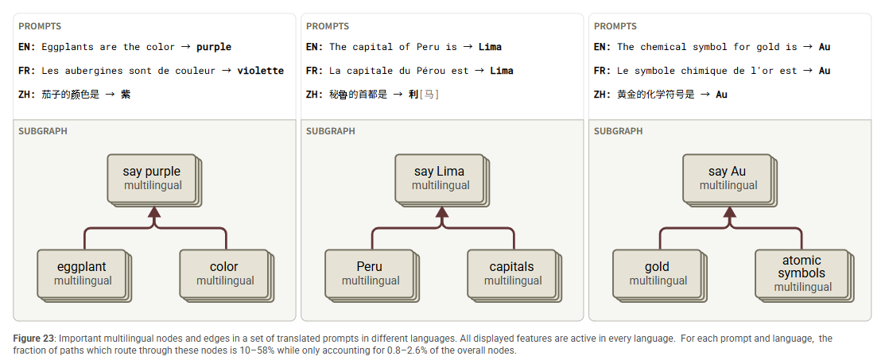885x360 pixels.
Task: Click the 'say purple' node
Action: point(151,177)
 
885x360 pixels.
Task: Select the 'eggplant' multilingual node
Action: point(82,273)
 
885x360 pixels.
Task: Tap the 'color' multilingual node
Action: point(224,273)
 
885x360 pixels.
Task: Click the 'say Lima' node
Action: point(439,177)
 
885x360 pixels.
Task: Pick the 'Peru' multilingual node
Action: point(370,273)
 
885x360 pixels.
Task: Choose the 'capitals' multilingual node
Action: point(512,273)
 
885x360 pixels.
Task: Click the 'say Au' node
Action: point(727,177)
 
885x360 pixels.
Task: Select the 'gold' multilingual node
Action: point(658,273)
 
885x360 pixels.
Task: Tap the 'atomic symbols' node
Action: point(802,273)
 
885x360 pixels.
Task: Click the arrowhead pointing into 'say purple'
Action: point(154,212)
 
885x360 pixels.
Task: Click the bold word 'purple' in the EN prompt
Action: point(214,47)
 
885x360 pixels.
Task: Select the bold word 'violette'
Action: point(260,71)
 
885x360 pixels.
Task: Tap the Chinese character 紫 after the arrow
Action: point(126,95)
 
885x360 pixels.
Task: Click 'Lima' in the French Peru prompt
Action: point(501,71)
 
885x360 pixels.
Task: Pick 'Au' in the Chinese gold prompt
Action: point(721,95)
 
